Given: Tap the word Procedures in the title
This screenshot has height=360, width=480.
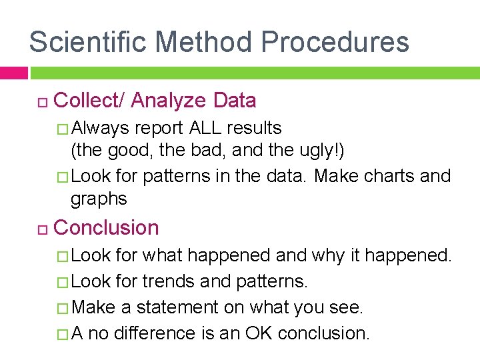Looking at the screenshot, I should tap(335, 41).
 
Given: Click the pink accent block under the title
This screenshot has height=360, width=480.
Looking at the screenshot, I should tap(13, 73).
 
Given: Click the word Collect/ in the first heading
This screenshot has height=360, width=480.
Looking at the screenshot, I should tap(89, 101).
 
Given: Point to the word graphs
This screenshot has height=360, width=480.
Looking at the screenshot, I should tap(99, 199).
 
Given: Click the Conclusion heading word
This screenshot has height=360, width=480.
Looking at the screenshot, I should tap(106, 227).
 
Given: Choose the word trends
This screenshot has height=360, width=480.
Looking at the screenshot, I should tap(169, 281).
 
